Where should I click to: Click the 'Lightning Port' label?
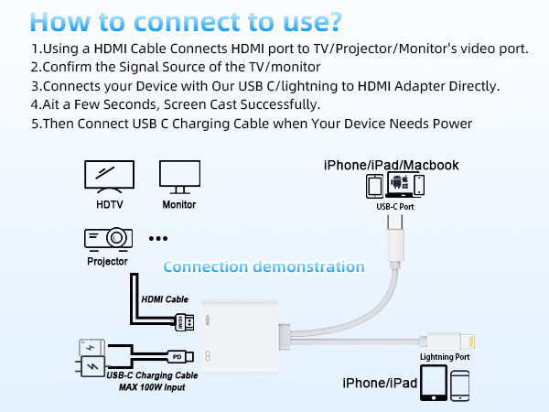coord(445,356)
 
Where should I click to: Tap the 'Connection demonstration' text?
coord(264,267)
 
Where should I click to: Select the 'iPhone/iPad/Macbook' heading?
coord(391,165)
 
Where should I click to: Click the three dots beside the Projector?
coord(159,238)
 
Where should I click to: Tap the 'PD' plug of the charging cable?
coord(177,355)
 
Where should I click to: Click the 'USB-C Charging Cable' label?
coord(151,375)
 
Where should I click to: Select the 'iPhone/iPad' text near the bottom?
coord(381,383)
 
